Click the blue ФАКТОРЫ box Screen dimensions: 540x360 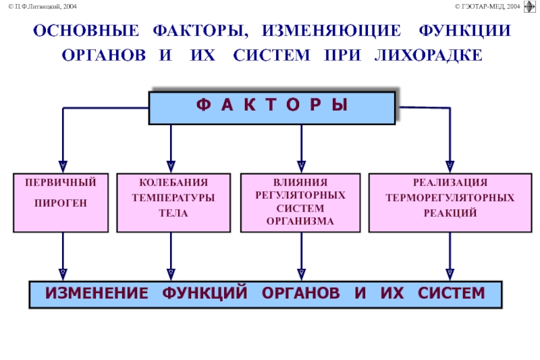(x=272, y=108)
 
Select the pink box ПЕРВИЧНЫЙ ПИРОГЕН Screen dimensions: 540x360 (x=61, y=203)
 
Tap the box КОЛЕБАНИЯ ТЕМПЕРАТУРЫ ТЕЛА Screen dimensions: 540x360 (x=173, y=203)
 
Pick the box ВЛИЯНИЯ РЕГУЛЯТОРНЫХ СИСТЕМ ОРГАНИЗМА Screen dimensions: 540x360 (x=300, y=203)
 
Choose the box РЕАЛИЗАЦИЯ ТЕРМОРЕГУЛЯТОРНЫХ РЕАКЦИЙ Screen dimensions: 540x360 (x=450, y=203)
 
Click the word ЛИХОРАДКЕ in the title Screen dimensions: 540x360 (x=429, y=55)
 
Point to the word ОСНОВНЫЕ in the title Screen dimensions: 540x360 (x=86, y=30)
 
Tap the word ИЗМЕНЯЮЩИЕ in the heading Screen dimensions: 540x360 (x=331, y=30)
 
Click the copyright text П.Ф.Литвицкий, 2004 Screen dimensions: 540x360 (x=43, y=6)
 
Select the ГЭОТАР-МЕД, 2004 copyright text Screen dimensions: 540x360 (x=487, y=6)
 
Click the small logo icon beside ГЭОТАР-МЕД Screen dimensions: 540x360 (x=530, y=7)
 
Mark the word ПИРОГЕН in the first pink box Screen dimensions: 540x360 (x=61, y=203)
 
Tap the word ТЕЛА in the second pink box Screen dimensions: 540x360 (x=173, y=213)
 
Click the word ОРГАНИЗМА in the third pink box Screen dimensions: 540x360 (x=300, y=221)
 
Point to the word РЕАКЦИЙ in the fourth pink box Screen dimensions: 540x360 (x=450, y=213)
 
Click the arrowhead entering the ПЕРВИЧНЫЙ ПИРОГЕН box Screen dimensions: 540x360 (x=63, y=167)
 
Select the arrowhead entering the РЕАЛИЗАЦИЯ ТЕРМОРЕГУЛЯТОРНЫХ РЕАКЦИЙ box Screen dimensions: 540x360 (x=450, y=167)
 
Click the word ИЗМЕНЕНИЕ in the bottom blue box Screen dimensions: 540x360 (x=97, y=293)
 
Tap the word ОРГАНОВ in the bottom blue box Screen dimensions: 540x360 (x=300, y=293)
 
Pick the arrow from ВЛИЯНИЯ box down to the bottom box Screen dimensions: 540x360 (x=301, y=257)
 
